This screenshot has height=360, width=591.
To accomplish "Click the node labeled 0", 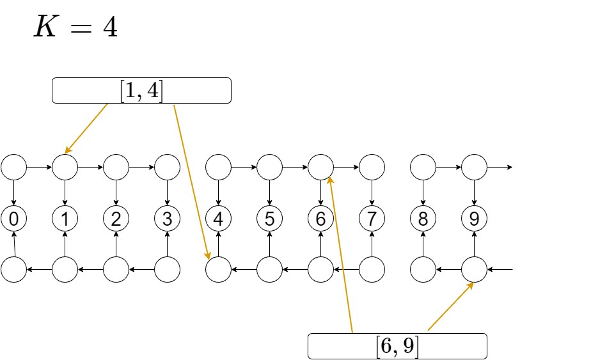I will (x=13, y=219).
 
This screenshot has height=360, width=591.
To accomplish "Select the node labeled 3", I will (x=167, y=219).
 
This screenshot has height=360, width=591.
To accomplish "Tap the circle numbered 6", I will (x=320, y=219).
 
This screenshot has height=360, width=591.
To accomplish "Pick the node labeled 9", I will (x=474, y=219).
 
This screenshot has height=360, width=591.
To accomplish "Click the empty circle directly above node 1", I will (x=65, y=168).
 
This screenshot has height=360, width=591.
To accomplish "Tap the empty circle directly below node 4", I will (x=218, y=270).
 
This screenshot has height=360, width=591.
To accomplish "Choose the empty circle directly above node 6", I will (x=320, y=168).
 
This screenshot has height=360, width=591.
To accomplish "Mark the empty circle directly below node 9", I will (x=474, y=270).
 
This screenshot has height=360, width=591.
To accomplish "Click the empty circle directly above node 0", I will (x=13, y=168).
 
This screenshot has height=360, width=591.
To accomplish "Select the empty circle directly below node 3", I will (x=167, y=270).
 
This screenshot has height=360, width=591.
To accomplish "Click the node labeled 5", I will (x=269, y=219).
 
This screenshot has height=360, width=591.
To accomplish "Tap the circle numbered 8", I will (x=423, y=219).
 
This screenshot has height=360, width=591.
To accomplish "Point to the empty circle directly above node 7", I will (x=372, y=168).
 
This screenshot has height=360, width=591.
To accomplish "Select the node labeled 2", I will (x=116, y=219).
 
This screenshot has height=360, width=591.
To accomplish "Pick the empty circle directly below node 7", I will (x=372, y=270).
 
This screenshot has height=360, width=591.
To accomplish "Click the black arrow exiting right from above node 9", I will (x=500, y=168).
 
